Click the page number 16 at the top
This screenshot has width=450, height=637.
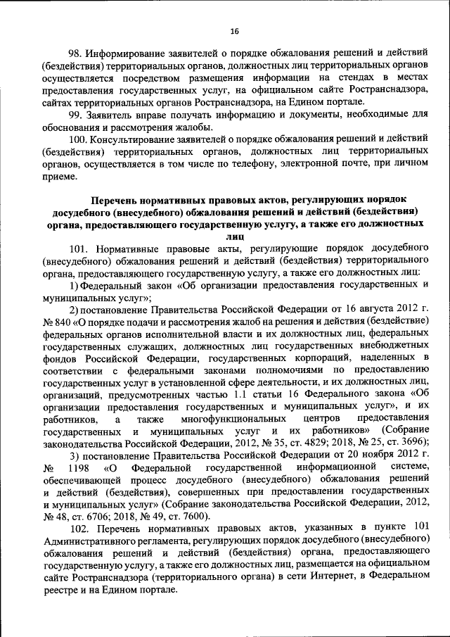(235, 31)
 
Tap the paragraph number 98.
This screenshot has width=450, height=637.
(75, 53)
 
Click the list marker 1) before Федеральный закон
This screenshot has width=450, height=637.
(73, 285)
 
